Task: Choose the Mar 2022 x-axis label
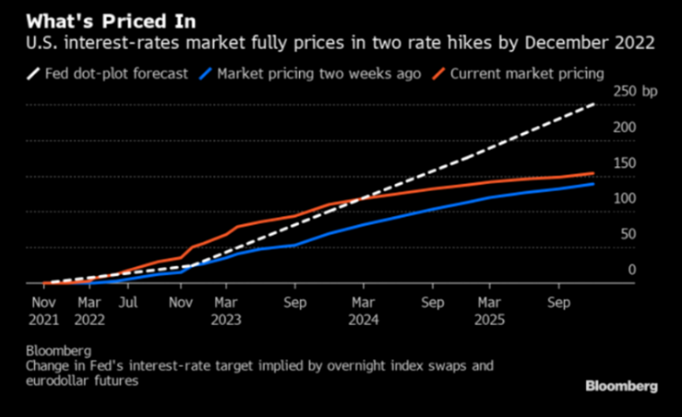point(89,311)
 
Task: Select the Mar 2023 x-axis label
point(226,311)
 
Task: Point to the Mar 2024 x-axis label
point(364,311)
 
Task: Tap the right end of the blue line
point(594,184)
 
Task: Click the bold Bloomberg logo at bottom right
point(621,386)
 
